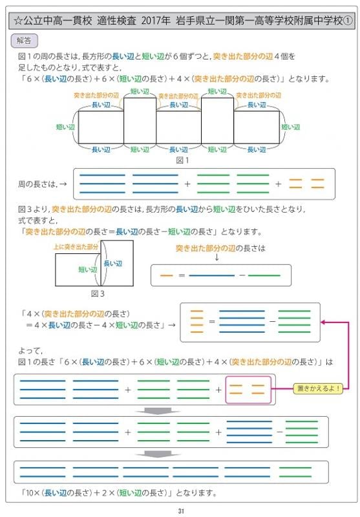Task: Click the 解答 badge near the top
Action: (x=25, y=41)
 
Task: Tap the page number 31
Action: (x=181, y=511)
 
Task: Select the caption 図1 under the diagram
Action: (x=183, y=160)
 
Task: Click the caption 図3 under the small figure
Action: (x=98, y=293)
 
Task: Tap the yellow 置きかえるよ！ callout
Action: (x=318, y=388)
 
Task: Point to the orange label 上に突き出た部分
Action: (x=76, y=246)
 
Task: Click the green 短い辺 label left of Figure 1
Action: (x=65, y=127)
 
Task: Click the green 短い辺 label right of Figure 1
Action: (x=291, y=127)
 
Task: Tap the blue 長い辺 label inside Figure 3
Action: (x=113, y=264)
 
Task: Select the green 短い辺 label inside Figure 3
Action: (x=88, y=269)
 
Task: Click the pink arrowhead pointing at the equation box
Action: (x=323, y=322)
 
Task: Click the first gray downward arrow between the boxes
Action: (x=158, y=411)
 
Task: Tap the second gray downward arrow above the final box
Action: (x=158, y=454)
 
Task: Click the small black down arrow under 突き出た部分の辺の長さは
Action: (x=217, y=257)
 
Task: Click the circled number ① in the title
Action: (x=348, y=21)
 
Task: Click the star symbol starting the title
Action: (x=19, y=21)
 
